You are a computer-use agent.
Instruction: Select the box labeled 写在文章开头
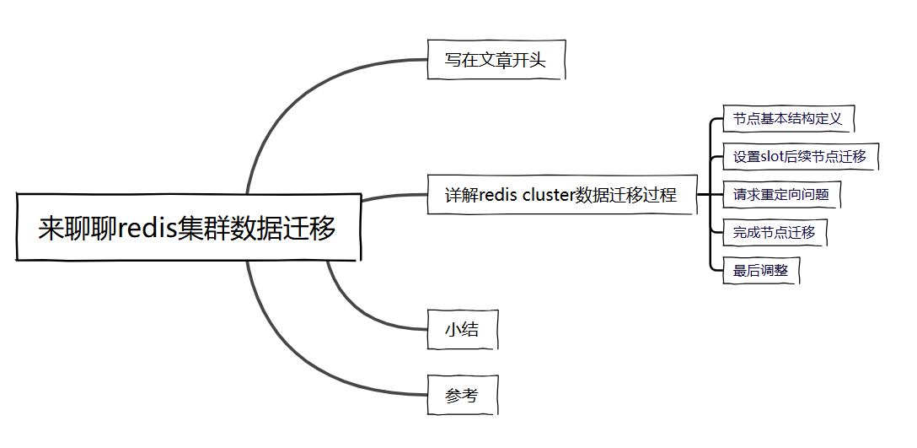tap(495, 61)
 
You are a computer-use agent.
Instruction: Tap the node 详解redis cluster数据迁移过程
tap(560, 195)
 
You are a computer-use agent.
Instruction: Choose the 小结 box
tap(462, 329)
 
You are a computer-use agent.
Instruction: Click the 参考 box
tap(461, 395)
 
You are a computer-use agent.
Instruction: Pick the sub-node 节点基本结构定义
tap(787, 119)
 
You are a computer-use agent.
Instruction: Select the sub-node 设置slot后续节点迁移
tap(799, 157)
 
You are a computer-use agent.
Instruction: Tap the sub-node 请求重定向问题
tap(780, 195)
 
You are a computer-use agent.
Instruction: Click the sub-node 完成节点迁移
tap(774, 232)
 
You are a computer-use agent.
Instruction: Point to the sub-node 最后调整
tap(759, 271)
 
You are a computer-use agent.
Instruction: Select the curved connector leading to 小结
tap(354, 308)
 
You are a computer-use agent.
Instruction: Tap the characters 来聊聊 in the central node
tap(78, 229)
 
